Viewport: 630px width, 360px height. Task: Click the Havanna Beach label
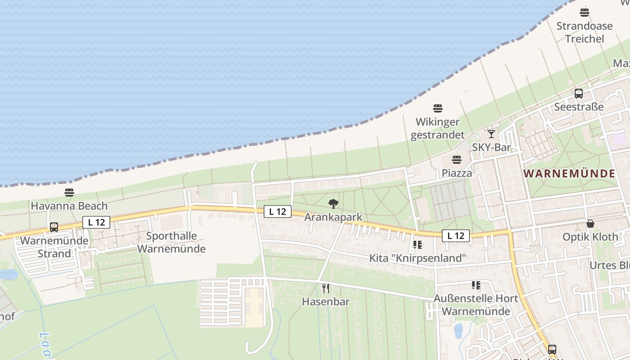69,206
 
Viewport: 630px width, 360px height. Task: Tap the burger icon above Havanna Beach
69,193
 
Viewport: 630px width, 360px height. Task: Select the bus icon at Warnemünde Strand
54,227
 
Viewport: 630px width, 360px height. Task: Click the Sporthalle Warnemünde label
171,242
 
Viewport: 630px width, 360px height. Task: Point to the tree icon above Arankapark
333,204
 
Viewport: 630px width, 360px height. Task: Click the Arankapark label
333,217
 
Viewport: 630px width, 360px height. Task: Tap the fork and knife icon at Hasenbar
326,288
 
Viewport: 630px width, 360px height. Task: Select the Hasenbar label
326,302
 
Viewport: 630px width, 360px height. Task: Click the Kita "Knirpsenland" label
417,258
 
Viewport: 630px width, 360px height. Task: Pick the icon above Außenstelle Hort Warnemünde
476,285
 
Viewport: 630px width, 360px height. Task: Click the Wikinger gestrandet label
437,128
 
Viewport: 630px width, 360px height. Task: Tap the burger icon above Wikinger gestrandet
438,108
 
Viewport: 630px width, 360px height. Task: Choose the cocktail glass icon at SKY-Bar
491,134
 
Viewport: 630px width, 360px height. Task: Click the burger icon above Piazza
457,160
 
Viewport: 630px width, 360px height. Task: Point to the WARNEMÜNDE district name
569,174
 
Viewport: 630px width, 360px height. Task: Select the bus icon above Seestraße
579,94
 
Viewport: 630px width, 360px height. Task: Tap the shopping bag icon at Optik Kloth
590,224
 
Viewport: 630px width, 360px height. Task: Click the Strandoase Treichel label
585,32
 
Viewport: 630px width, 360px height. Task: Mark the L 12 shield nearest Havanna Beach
96,222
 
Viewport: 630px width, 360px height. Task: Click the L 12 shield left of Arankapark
277,211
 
